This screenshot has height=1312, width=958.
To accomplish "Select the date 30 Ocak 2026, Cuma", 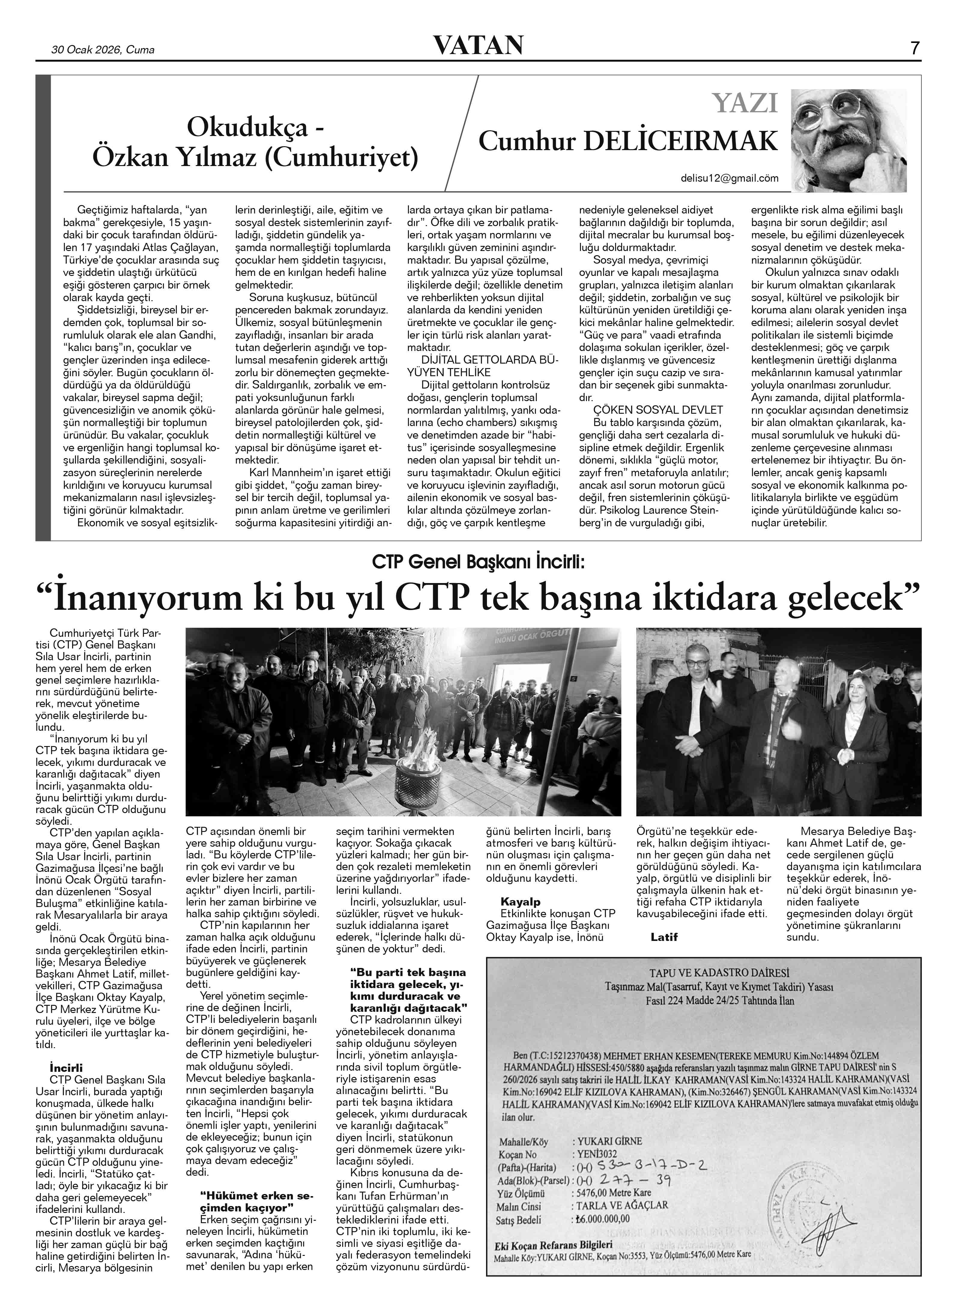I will click(x=103, y=50).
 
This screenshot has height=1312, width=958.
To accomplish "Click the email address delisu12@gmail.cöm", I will click(x=729, y=179).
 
